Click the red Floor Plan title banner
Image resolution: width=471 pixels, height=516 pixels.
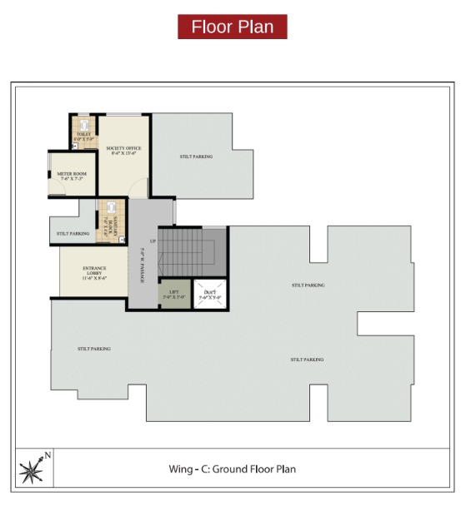232,27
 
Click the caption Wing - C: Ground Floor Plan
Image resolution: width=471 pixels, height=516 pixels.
232,469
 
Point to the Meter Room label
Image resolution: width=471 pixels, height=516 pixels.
73,174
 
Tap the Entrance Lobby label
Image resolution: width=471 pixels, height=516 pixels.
94,270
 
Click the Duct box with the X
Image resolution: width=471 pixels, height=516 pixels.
210,294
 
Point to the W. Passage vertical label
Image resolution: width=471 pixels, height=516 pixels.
143,266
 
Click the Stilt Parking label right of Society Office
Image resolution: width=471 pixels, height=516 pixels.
197,156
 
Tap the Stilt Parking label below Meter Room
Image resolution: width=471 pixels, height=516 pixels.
73,234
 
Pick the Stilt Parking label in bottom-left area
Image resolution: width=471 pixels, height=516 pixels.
94,349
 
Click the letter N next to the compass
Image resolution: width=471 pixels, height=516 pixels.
48,455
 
